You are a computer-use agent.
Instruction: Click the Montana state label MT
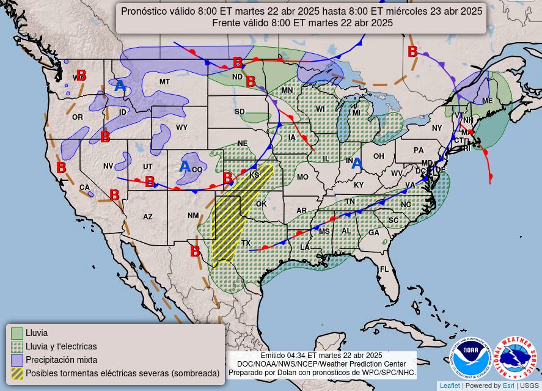pos(164,82)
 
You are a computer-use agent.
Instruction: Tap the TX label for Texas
pos(246,243)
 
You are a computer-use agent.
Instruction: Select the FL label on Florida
pos(384,269)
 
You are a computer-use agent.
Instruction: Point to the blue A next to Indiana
pos(357,163)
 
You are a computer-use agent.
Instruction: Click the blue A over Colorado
pos(185,166)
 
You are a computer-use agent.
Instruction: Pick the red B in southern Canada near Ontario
pos(412,51)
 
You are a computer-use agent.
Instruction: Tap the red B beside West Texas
pos(194,250)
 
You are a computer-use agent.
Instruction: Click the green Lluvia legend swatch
pos(17,334)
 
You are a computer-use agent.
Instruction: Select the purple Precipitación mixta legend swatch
pos(17,360)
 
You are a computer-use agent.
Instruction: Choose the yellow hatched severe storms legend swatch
pos(17,373)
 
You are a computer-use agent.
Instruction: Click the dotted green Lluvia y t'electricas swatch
pos(17,347)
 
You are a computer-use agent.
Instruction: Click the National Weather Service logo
pos(515,359)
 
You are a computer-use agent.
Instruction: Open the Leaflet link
pos(449,386)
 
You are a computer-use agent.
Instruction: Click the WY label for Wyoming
pos(182,128)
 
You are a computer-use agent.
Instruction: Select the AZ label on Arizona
pos(148,217)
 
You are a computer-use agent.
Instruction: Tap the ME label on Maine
pos(487,101)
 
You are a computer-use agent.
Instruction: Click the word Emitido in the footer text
pos(273,356)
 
